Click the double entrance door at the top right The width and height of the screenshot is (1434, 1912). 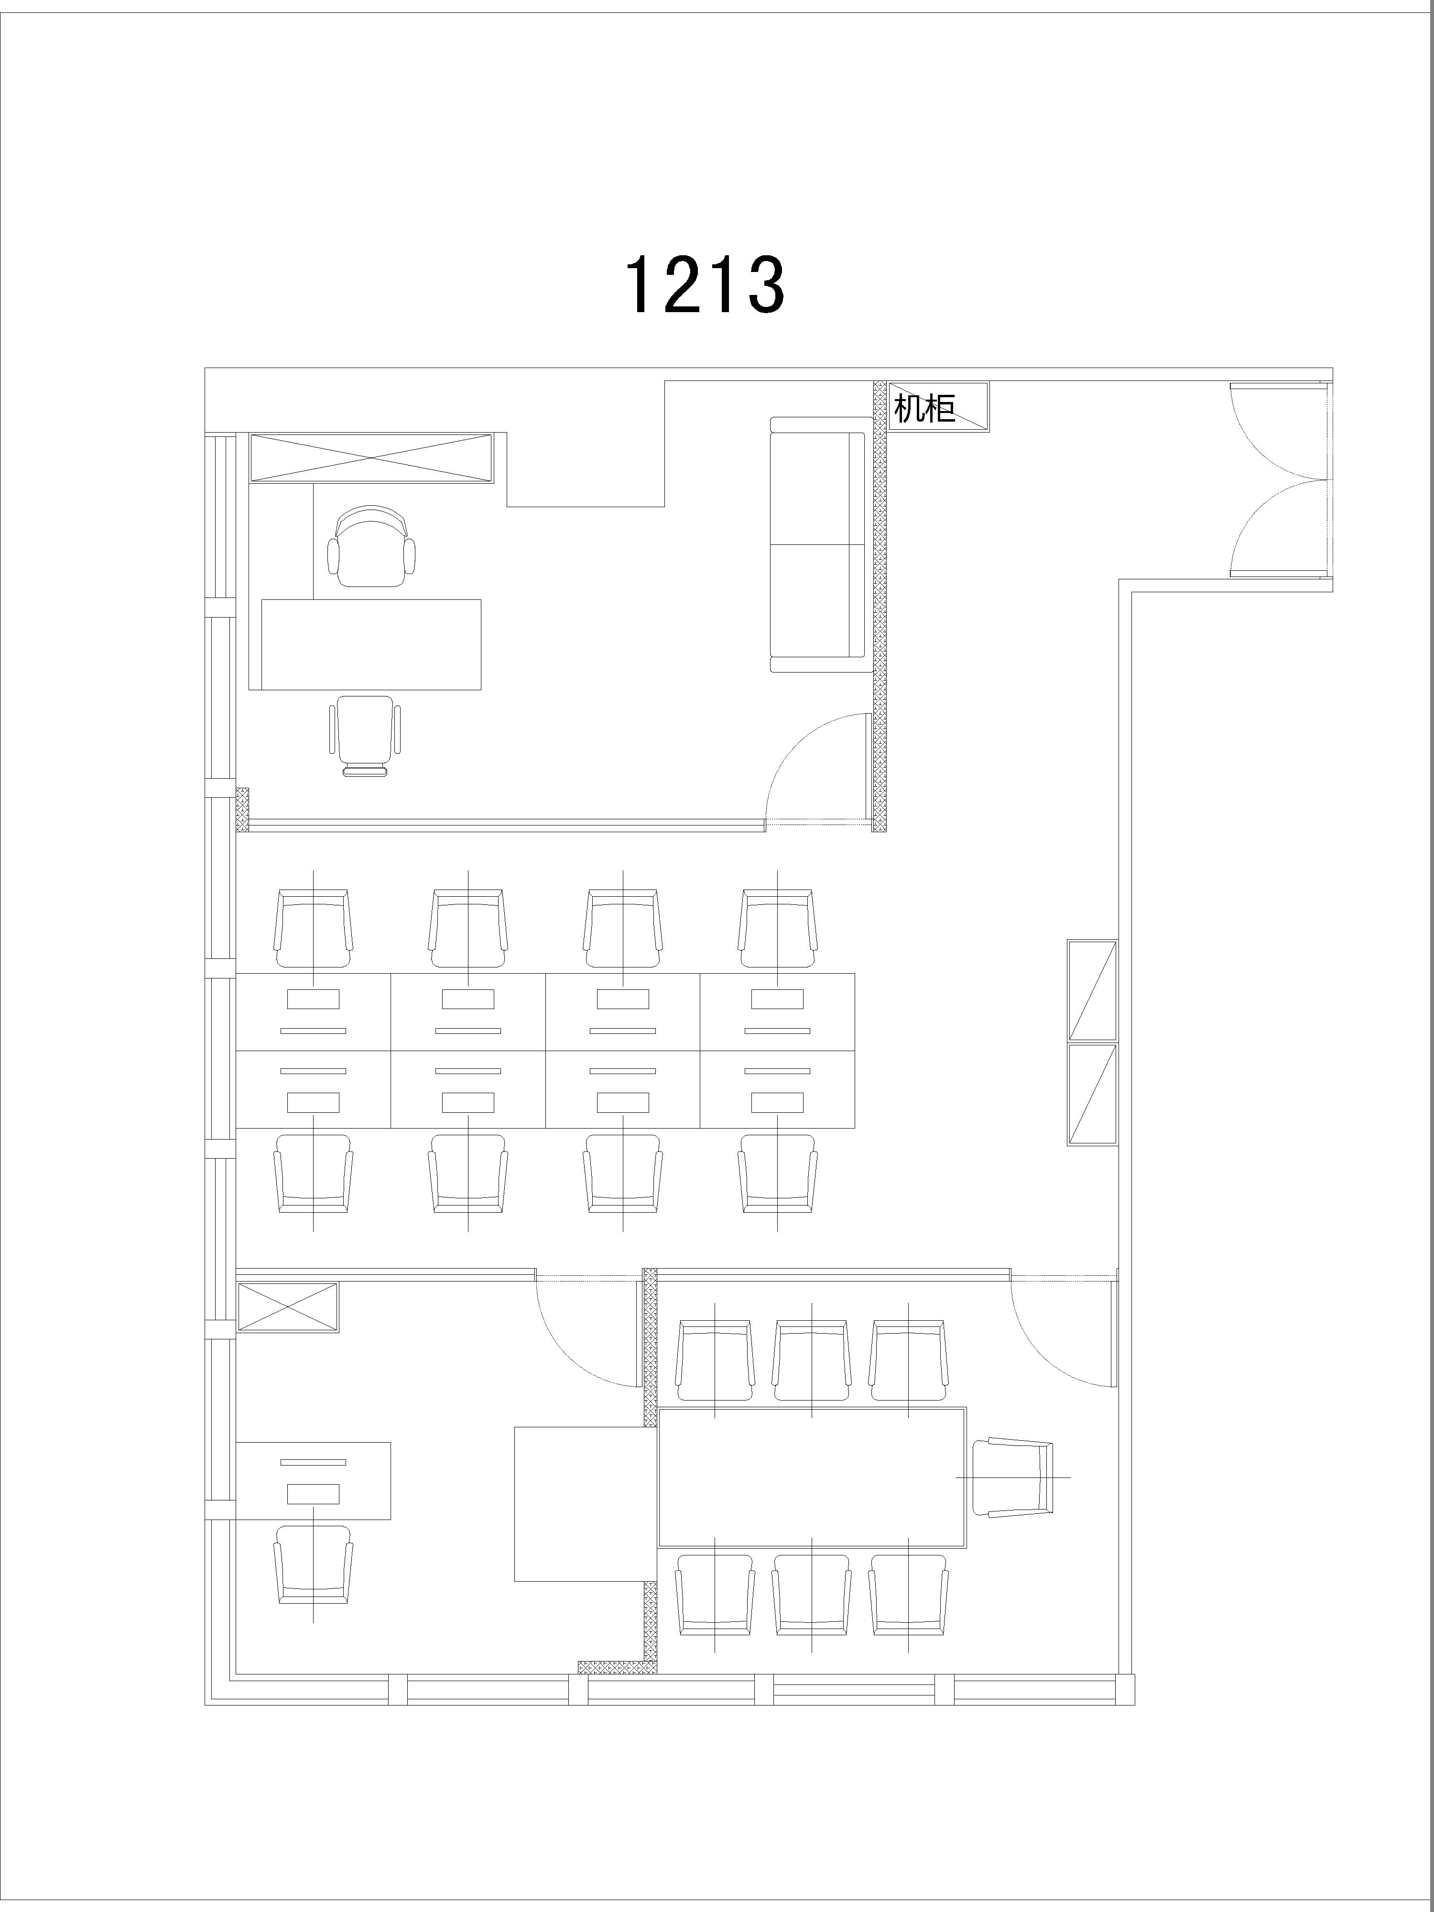pos(1279,480)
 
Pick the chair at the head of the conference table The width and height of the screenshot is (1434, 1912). pos(1013,1477)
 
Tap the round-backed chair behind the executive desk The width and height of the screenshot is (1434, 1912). pos(371,546)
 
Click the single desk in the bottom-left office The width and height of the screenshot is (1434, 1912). pos(313,1481)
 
